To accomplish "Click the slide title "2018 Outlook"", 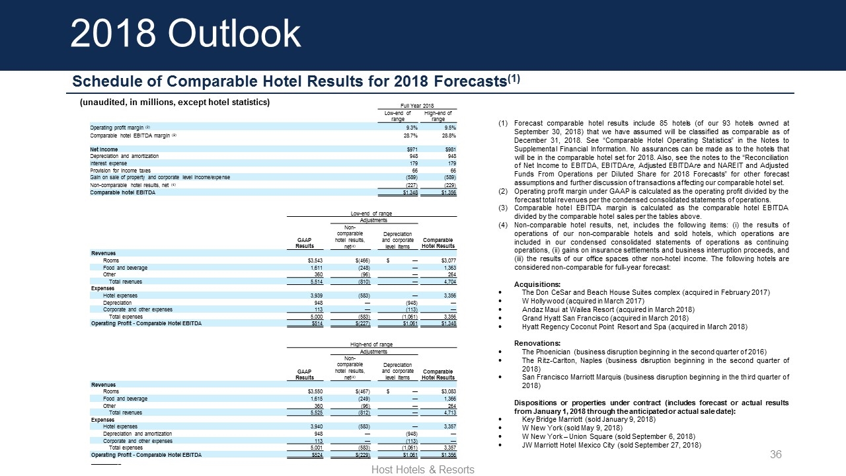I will (186, 33).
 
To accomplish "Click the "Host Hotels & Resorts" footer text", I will (423, 469).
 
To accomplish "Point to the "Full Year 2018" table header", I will (416, 106).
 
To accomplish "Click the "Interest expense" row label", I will (108, 163).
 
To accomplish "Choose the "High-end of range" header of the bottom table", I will (371, 344).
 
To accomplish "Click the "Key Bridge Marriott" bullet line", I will (588, 418).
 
